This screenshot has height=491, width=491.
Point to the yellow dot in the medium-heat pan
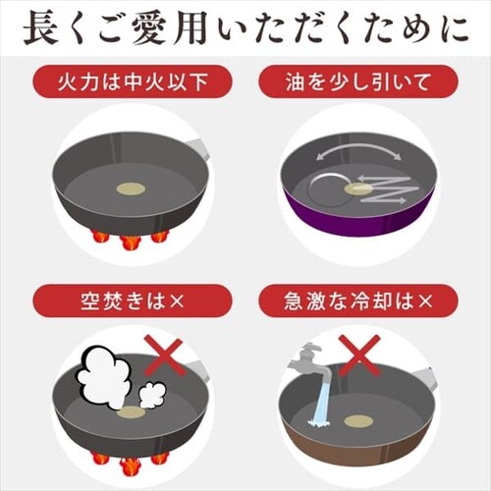click(x=131, y=187)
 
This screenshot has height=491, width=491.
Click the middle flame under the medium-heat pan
click(x=131, y=240)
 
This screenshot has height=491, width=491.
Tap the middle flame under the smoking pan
click(x=131, y=460)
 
